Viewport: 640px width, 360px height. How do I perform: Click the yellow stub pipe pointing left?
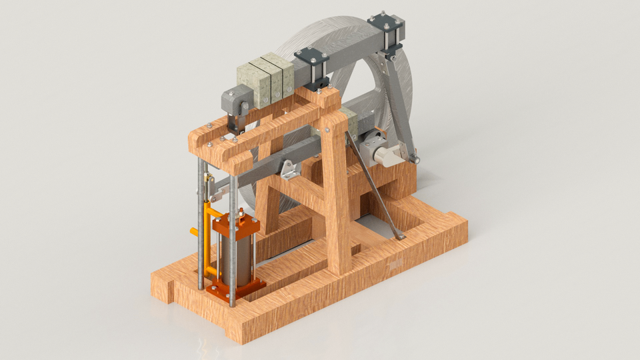(x=195, y=231)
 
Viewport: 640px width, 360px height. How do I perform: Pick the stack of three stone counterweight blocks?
(x=266, y=79)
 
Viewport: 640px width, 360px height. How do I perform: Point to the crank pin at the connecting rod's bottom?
(x=414, y=159)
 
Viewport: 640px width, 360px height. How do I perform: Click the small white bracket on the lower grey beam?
(x=289, y=169)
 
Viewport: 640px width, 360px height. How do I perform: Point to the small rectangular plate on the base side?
(x=394, y=266)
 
